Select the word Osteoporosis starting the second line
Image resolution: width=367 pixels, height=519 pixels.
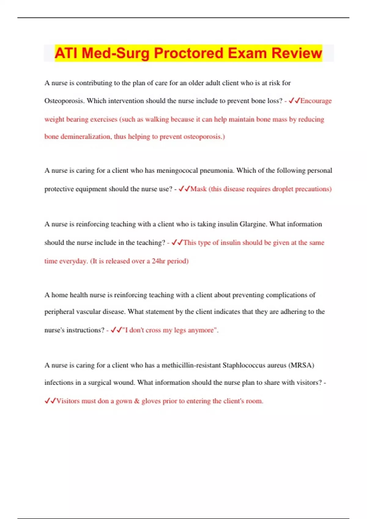click(x=64, y=101)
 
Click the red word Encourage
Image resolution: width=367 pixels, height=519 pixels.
click(x=316, y=101)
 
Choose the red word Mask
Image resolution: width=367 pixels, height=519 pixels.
click(x=198, y=189)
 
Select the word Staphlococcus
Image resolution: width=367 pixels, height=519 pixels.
click(x=244, y=365)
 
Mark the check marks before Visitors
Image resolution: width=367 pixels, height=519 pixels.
click(x=50, y=401)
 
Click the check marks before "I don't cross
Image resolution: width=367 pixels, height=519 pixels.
click(x=116, y=330)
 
